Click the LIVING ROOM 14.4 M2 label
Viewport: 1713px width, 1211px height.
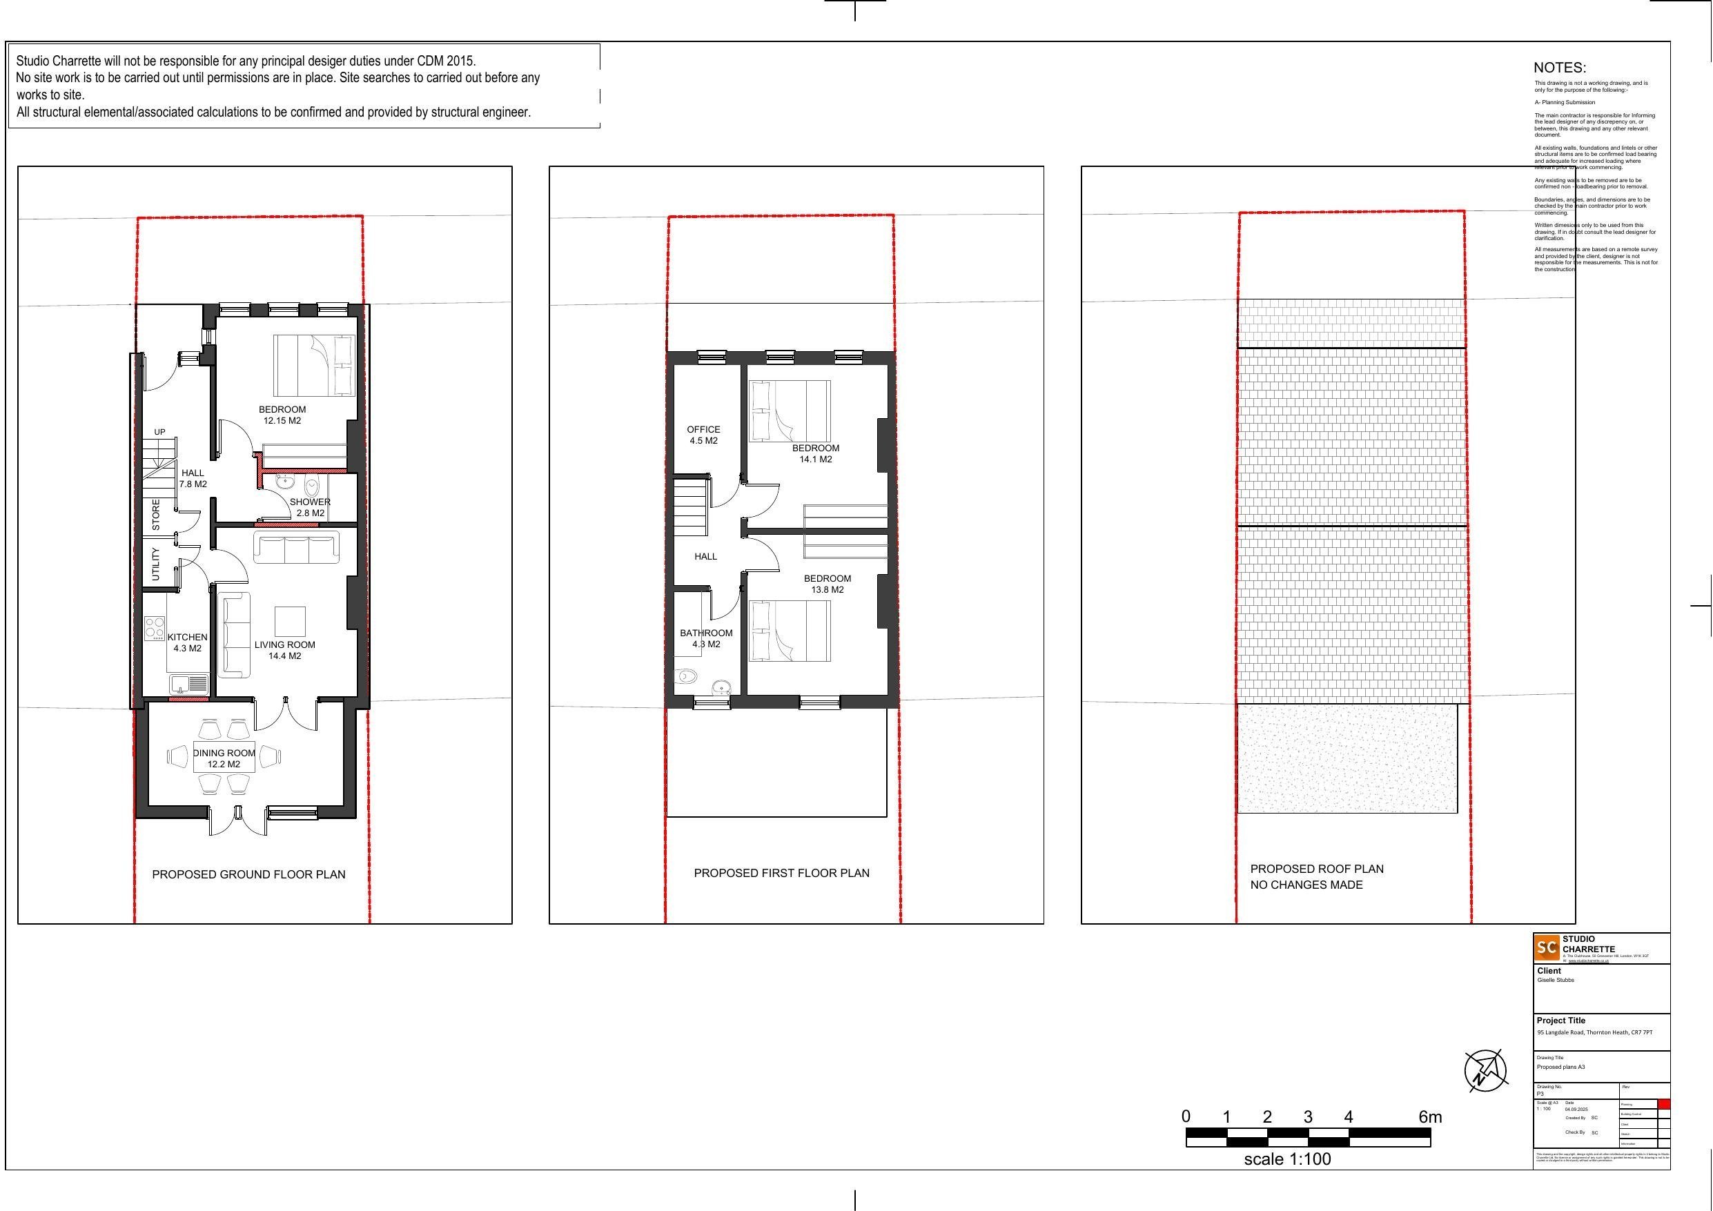point(284,650)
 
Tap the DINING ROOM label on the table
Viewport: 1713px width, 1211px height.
point(224,754)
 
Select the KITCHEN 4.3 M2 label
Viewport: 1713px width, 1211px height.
point(187,642)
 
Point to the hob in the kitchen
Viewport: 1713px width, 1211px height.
point(155,628)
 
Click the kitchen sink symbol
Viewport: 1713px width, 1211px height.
point(188,683)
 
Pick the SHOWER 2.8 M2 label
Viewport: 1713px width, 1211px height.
point(310,507)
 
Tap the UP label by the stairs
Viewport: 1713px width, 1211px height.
point(159,432)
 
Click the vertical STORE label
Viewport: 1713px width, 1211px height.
point(156,515)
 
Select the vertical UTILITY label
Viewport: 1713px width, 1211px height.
point(156,564)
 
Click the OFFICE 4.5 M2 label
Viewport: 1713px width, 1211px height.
point(703,435)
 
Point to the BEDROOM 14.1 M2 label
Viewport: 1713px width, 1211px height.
point(816,453)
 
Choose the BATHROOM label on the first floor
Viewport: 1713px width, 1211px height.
point(706,633)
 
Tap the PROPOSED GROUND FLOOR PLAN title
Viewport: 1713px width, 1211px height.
point(248,874)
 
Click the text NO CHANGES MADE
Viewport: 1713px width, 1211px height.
point(1306,885)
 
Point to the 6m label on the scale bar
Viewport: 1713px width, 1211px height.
point(1429,1117)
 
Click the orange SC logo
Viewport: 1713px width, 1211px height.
point(1547,947)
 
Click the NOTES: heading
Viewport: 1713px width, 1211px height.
point(1559,68)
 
